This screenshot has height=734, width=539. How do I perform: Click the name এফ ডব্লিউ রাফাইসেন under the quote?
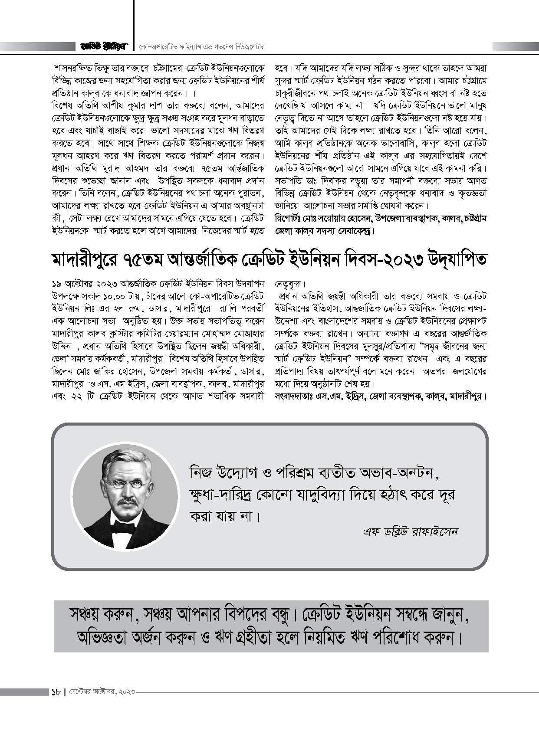(x=410, y=531)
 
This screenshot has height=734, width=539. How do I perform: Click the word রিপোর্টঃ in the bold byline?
(x=288, y=219)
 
